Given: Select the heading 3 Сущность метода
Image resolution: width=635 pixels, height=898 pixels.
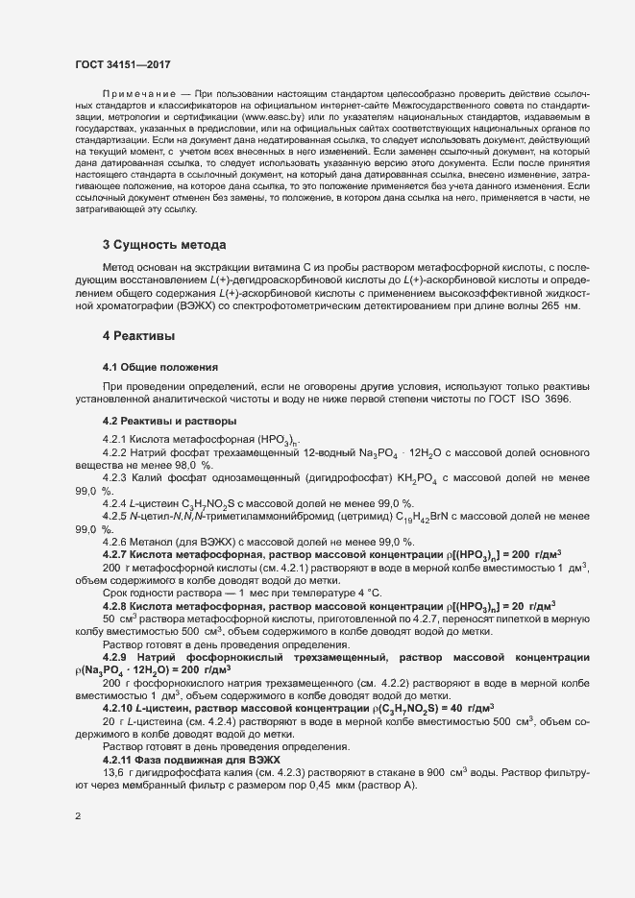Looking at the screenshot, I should pos(164,245).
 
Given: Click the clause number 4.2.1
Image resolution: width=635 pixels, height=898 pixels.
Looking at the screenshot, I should pos(114,438).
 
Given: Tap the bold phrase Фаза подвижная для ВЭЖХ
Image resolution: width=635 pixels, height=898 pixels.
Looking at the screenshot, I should pos(197,760).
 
